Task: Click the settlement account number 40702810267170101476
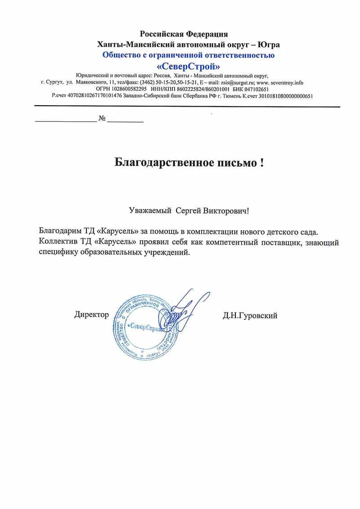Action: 94,96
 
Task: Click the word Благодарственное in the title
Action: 162,162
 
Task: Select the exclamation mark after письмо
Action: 261,162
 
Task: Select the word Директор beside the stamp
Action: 91,315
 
